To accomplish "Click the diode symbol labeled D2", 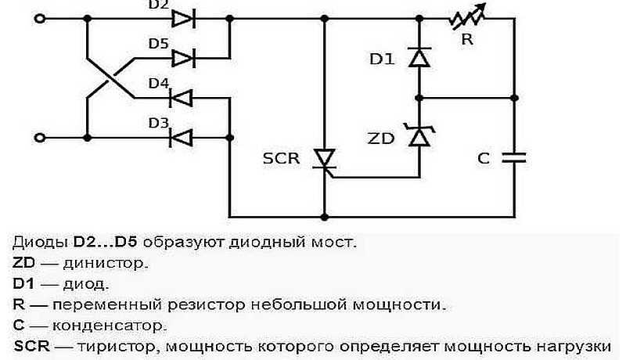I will [x=183, y=19].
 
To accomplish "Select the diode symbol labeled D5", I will [x=183, y=58].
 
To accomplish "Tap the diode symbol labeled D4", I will [x=182, y=99].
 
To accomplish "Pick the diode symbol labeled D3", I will [x=182, y=138].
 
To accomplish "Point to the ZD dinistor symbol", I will [x=420, y=136].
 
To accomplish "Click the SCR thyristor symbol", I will [x=323, y=158].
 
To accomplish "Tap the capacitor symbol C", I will [x=514, y=157].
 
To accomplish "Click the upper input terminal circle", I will [x=40, y=19].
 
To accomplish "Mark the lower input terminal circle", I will [x=40, y=138].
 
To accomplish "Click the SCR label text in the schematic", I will [x=281, y=158].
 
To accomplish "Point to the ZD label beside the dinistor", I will [x=380, y=138].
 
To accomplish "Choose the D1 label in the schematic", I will [x=383, y=58].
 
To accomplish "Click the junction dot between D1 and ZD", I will [x=420, y=99].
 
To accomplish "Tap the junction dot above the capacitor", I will [x=514, y=99].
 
